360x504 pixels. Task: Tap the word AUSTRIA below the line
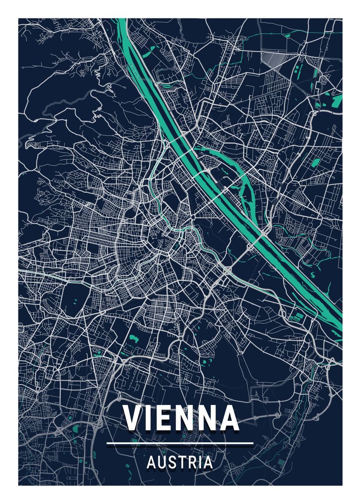pos(180,463)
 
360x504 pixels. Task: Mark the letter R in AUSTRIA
pos(191,463)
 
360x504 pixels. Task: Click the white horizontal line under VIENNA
pos(180,443)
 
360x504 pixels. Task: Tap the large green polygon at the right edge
pos(336,101)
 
